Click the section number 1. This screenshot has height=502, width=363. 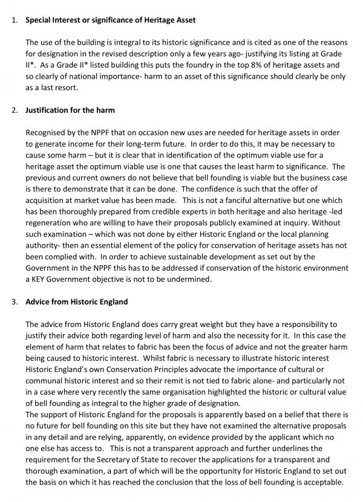(14, 20)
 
